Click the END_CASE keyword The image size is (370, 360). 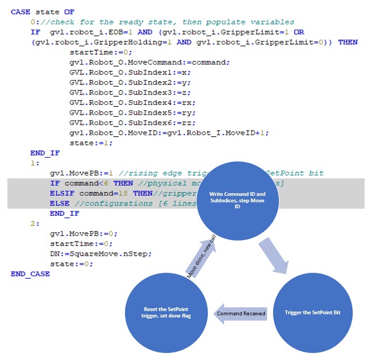(x=30, y=274)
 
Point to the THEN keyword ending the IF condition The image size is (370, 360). (x=347, y=42)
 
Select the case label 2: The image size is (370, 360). (x=35, y=224)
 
